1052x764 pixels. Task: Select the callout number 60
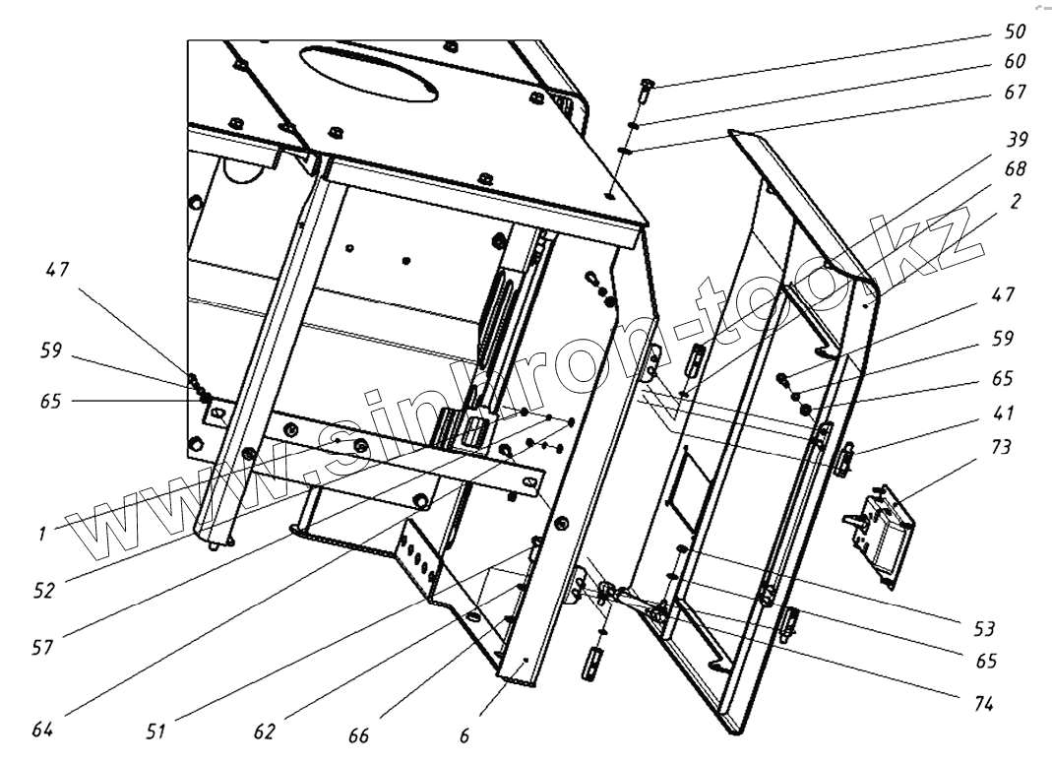pyautogui.click(x=1013, y=61)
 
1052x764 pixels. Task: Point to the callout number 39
pyautogui.click(x=1013, y=141)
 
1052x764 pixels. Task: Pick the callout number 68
pyautogui.click(x=1013, y=170)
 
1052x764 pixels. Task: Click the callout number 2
pyautogui.click(x=1015, y=201)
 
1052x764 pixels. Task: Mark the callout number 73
pyautogui.click(x=1002, y=447)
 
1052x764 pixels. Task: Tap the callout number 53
pyautogui.click(x=983, y=628)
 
